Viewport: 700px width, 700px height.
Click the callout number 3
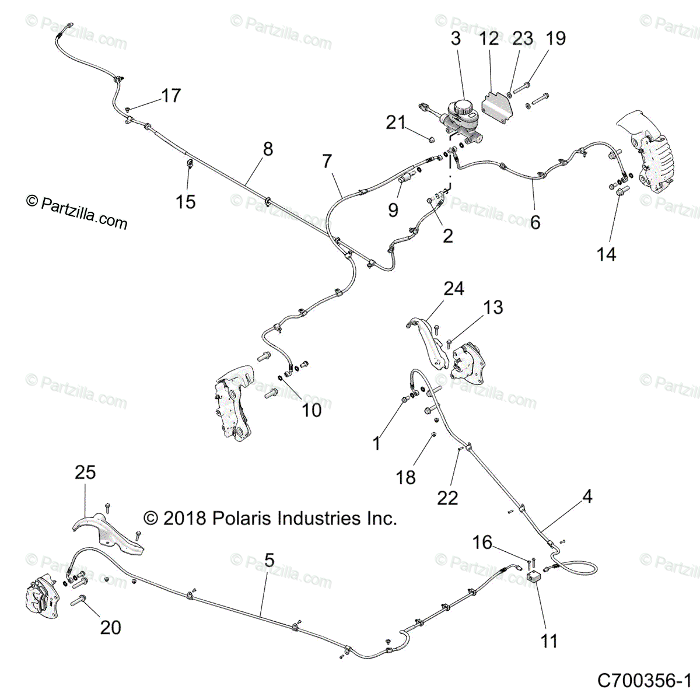pyautogui.click(x=456, y=38)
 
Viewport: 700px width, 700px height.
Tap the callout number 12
pyautogui.click(x=489, y=38)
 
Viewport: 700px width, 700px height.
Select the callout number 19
pyautogui.click(x=555, y=38)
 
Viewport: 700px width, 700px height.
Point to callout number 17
pyautogui.click(x=171, y=95)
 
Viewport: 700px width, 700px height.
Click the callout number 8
pyautogui.click(x=268, y=149)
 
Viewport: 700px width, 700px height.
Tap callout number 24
pyautogui.click(x=453, y=288)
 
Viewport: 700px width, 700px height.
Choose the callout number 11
pyautogui.click(x=549, y=641)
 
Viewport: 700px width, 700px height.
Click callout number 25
pyautogui.click(x=85, y=472)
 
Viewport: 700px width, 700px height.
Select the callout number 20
pyautogui.click(x=110, y=627)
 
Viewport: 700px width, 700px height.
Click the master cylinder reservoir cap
pyautogui.click(x=465, y=107)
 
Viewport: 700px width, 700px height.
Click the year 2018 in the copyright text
pyautogui.click(x=183, y=518)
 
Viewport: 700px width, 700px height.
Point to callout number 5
pyautogui.click(x=269, y=560)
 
